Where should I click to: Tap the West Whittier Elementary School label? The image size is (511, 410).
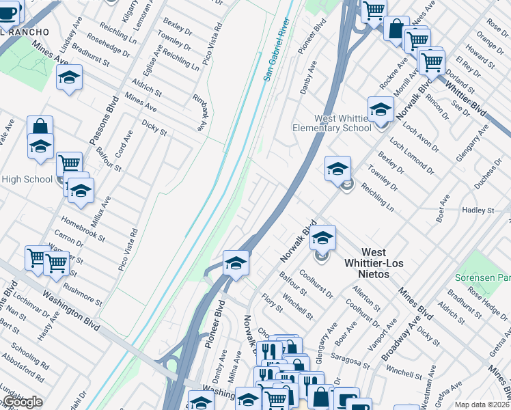tap(332, 123)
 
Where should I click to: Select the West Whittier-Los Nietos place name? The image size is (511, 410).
tap(375, 263)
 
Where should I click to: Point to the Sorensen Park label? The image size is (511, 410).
tap(483, 278)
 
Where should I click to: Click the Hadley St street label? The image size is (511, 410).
tap(478, 210)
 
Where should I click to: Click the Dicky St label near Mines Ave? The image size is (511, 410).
tap(154, 126)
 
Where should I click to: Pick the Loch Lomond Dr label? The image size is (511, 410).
tap(411, 154)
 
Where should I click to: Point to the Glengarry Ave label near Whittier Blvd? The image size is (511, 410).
tap(474, 141)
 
